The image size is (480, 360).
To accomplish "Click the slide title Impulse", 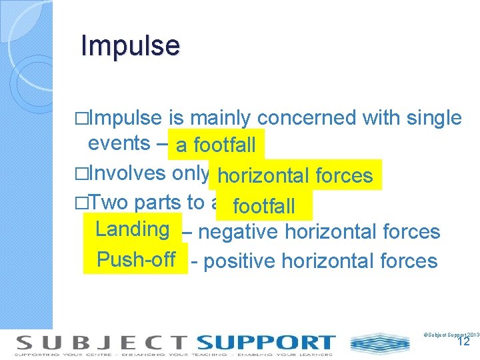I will click(130, 46).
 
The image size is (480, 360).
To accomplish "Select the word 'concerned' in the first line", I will click(307, 118).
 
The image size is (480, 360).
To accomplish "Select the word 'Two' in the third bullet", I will click(109, 203).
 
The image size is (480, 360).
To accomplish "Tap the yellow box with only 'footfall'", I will click(264, 205).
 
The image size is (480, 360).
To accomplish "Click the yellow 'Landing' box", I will click(132, 229).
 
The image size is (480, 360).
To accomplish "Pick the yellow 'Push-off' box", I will click(136, 259).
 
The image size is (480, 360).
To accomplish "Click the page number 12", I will click(464, 342).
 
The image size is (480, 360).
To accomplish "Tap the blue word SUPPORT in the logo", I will click(265, 343).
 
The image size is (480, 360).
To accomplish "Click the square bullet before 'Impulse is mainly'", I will click(82, 119).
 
